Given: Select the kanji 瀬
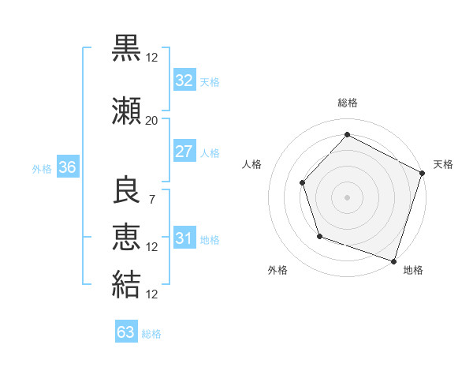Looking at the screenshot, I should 127,112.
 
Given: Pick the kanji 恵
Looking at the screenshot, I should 127,238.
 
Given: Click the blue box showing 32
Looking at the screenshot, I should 184,81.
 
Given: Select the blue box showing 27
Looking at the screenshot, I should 184,152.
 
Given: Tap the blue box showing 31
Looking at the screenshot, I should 184,239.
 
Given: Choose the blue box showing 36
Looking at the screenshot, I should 67,168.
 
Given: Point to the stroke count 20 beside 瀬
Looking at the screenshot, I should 151,121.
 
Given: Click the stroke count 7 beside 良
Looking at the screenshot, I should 151,199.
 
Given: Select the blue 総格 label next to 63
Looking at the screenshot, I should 152,334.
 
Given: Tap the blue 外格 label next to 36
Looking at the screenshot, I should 42,169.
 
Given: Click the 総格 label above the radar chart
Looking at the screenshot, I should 347,103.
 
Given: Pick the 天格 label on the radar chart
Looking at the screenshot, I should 443,164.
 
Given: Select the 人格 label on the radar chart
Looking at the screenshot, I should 251,164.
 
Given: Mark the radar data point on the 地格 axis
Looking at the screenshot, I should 393,260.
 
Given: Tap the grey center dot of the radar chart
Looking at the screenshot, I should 347,197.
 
